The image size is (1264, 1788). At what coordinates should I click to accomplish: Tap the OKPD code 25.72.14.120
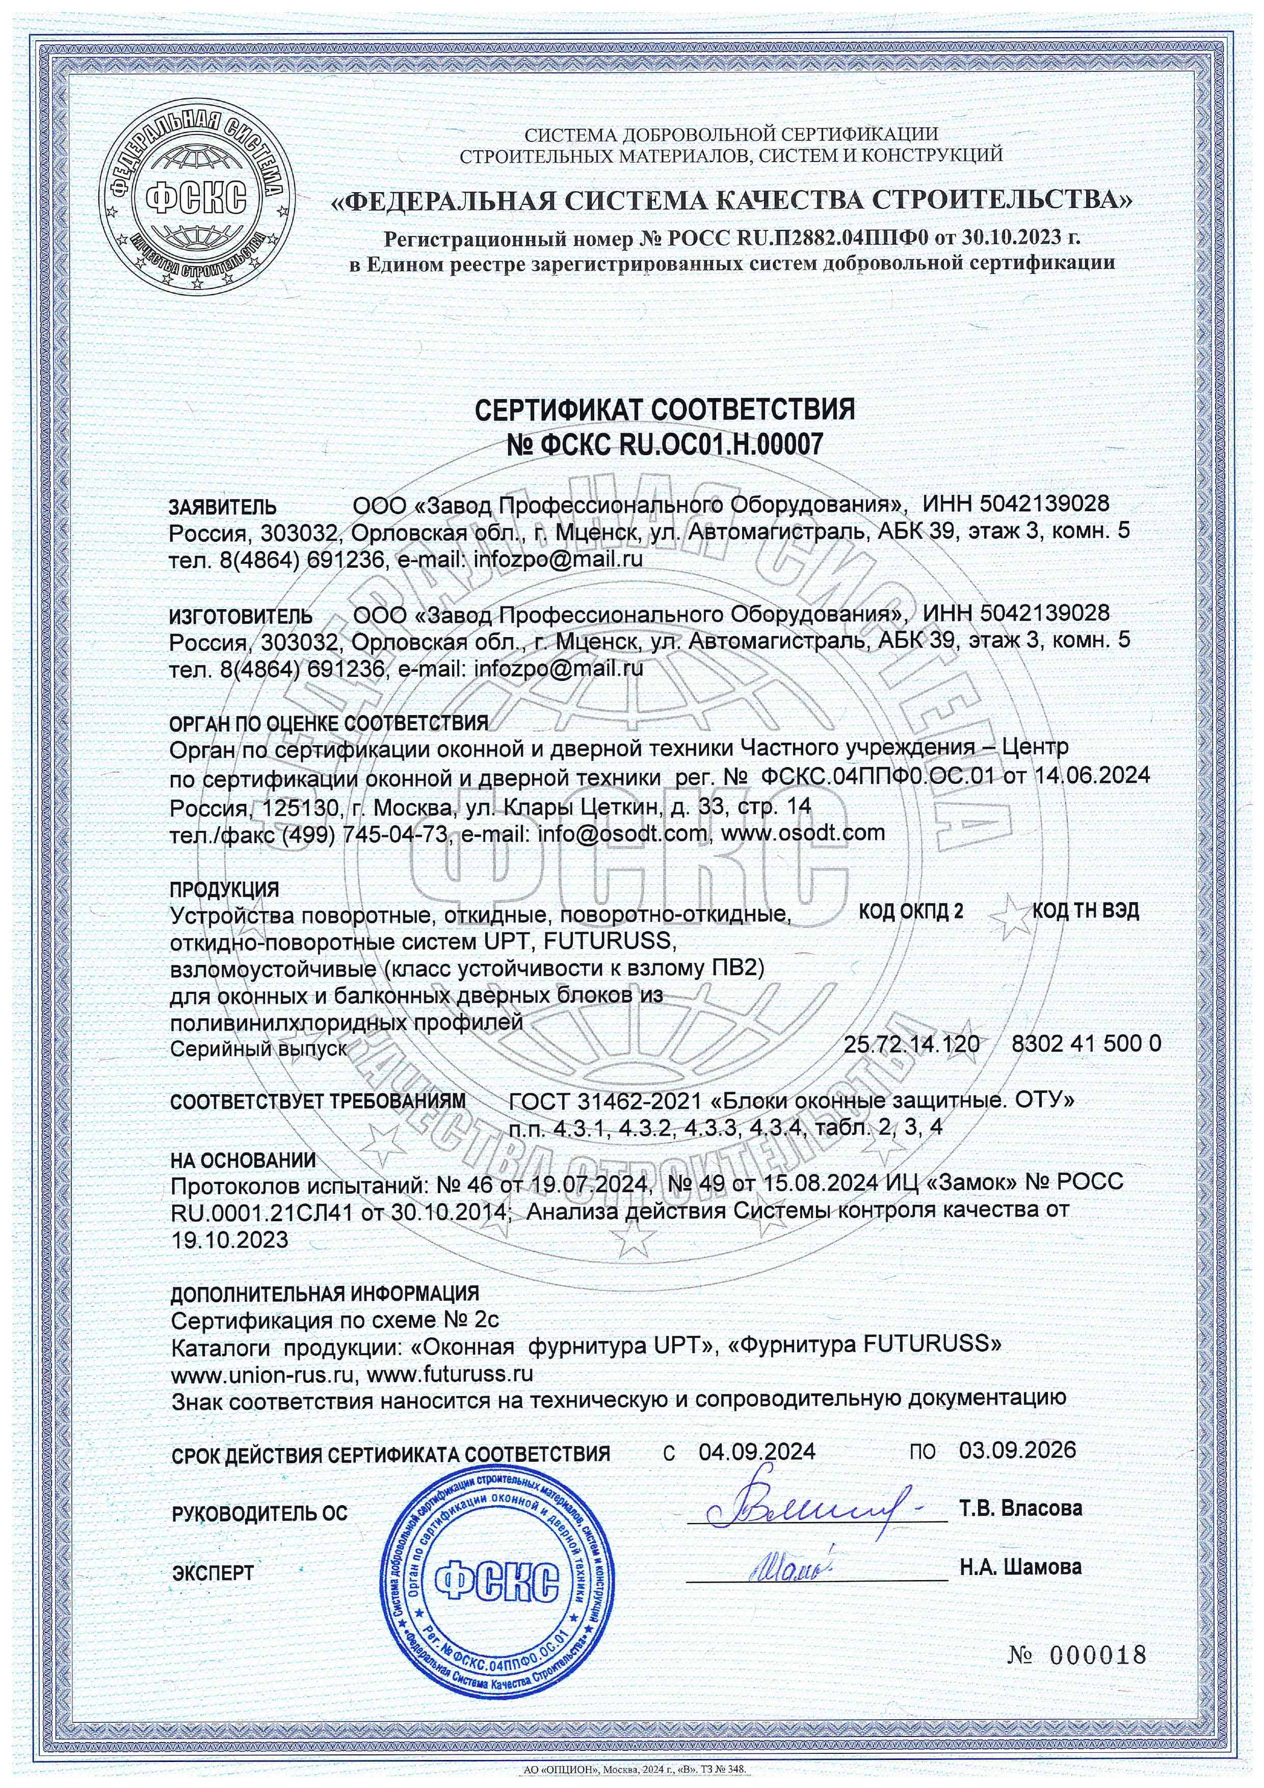click(911, 1044)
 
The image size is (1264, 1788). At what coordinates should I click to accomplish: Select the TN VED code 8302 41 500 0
click(1086, 1044)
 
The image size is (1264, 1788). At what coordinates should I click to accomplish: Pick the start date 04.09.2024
click(757, 1452)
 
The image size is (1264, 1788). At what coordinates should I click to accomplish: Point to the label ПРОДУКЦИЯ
click(224, 888)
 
